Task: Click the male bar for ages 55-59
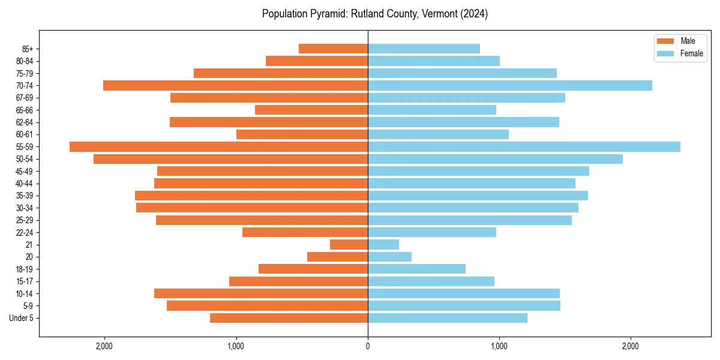(x=218, y=146)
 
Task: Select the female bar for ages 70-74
(x=509, y=85)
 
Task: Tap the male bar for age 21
(x=349, y=244)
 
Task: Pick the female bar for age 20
(x=389, y=257)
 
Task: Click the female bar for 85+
(x=424, y=49)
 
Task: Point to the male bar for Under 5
(x=289, y=318)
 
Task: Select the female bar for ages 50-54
(x=495, y=159)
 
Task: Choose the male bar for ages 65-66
(x=311, y=110)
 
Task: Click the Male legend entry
(x=688, y=41)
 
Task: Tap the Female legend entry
(x=691, y=53)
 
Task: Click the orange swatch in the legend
(x=666, y=41)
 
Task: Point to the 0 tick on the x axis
(x=368, y=346)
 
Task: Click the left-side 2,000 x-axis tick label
(x=104, y=346)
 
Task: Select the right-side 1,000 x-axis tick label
(x=499, y=346)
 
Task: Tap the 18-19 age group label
(x=25, y=269)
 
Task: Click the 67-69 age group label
(x=25, y=98)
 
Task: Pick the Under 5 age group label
(x=22, y=318)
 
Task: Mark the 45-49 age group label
(x=25, y=171)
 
